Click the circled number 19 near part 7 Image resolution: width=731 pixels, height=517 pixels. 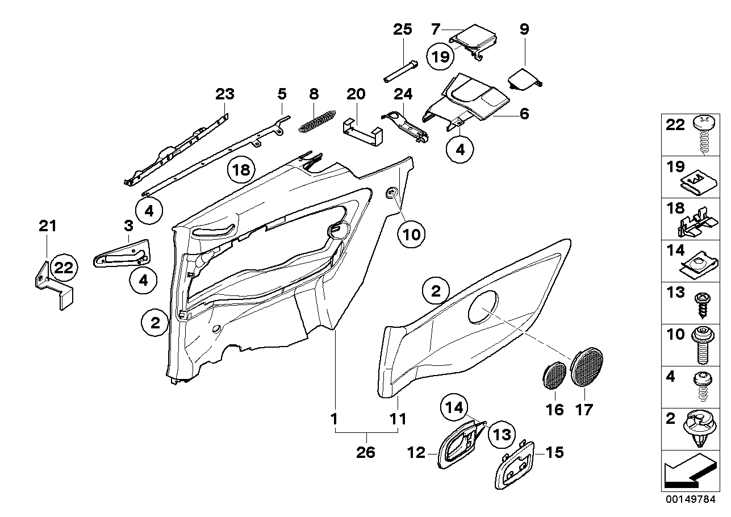tap(442, 56)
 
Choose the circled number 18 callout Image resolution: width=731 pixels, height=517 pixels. tap(240, 169)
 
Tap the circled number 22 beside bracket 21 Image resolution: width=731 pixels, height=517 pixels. tap(64, 268)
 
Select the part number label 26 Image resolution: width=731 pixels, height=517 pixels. tap(366, 453)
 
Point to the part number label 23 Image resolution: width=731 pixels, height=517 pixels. tap(225, 94)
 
